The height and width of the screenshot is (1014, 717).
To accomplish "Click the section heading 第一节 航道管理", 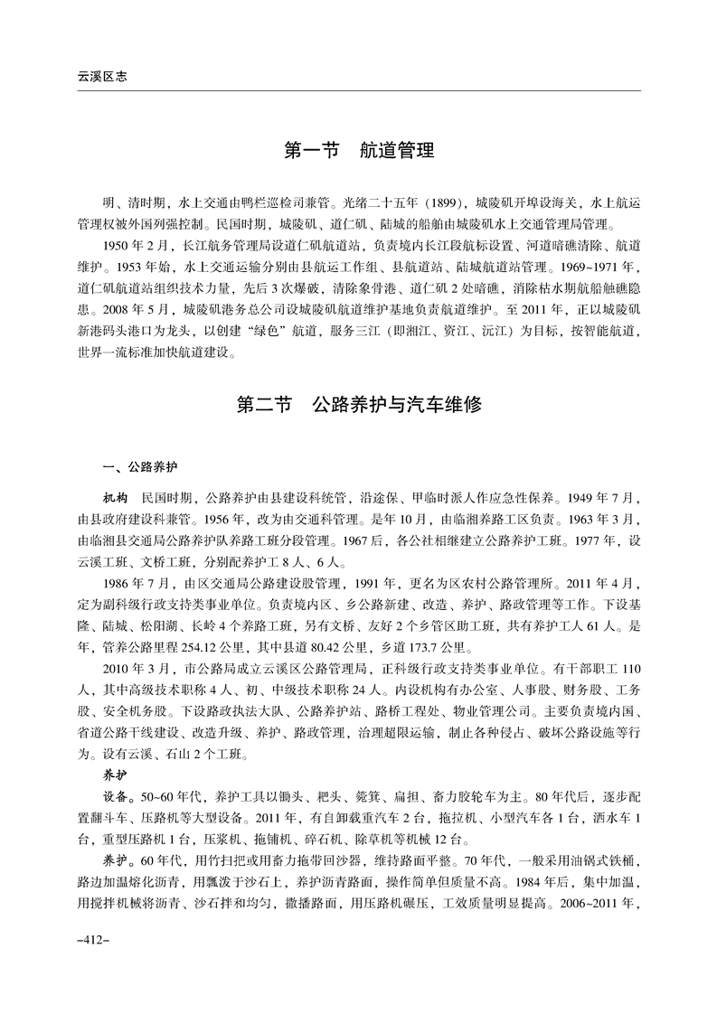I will [x=359, y=149].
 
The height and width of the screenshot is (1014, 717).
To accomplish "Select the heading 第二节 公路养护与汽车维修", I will [x=359, y=404].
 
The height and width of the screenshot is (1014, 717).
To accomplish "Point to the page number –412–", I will [x=93, y=940].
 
